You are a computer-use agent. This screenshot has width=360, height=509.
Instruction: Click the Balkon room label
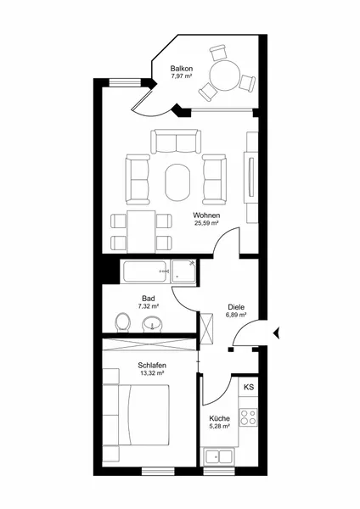click(x=182, y=69)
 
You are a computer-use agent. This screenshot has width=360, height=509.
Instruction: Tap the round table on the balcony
click(x=224, y=76)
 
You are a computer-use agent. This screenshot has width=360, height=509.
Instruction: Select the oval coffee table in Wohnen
click(x=177, y=182)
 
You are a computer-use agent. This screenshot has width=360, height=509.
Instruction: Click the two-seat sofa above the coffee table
click(x=176, y=141)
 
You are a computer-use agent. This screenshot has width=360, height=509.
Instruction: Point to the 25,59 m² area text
click(x=206, y=223)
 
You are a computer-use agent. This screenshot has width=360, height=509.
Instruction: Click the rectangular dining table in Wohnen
click(x=141, y=232)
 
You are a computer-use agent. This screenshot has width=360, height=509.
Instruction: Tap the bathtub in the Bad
click(x=146, y=271)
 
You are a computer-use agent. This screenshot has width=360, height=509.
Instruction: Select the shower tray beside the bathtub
click(x=184, y=272)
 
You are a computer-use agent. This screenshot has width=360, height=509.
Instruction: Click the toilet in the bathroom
click(x=123, y=322)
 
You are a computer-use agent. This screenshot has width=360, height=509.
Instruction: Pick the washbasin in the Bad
click(x=152, y=324)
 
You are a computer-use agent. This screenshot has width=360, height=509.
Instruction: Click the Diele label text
click(x=236, y=307)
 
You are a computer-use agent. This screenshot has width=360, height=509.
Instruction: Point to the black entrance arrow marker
click(x=277, y=333)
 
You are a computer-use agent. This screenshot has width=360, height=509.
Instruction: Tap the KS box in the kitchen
click(x=249, y=387)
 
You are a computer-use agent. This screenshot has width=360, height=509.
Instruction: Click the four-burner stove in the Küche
click(x=249, y=417)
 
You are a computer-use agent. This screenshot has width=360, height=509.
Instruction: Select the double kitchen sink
click(x=219, y=456)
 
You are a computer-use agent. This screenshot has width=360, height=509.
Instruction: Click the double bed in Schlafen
click(x=144, y=415)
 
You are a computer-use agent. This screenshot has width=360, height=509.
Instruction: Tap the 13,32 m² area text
click(x=151, y=373)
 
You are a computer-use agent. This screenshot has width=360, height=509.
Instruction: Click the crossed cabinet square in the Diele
click(x=207, y=328)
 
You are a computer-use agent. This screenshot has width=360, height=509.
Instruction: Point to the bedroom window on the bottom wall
click(x=158, y=471)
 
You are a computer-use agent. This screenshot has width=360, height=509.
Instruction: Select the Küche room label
click(x=219, y=418)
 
